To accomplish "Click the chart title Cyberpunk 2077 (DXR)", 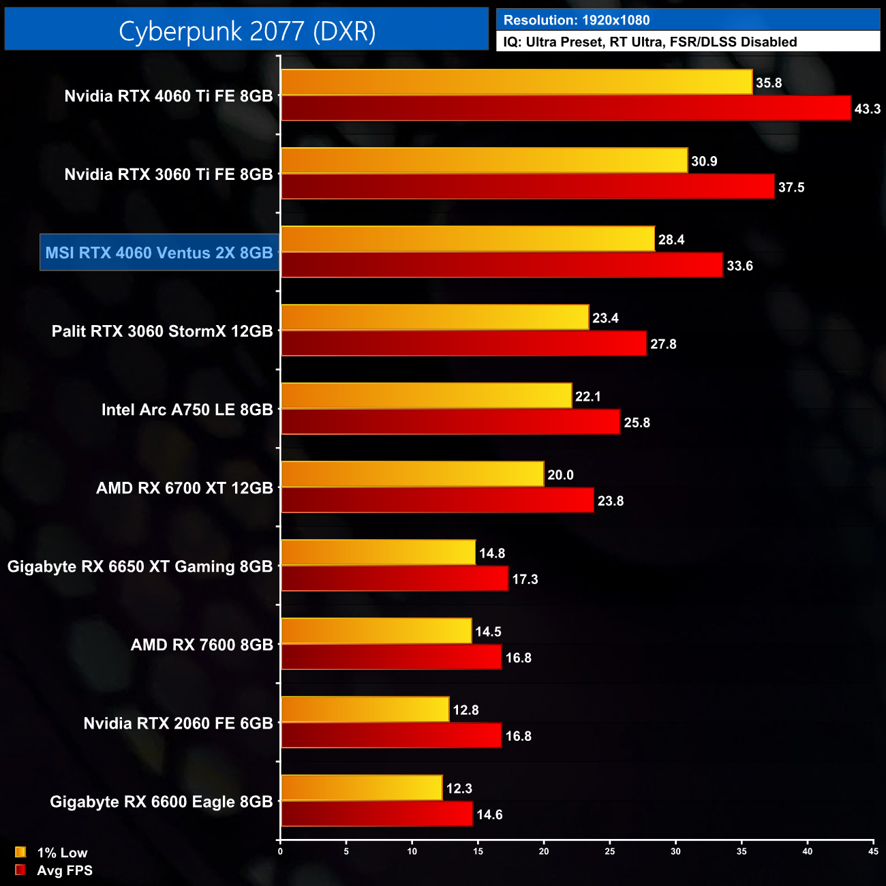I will point(247,31).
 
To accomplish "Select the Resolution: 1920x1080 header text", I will point(576,20).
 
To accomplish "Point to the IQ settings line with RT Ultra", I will point(650,42).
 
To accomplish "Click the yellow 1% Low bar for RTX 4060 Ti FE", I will point(517,82).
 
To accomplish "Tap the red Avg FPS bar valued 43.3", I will point(566,108).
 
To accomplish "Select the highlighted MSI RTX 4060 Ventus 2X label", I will point(159,253).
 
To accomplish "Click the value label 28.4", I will point(671,240).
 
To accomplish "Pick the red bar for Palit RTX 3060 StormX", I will point(463,343).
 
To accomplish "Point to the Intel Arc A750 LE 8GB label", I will point(187,410).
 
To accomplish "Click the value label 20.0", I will point(560,475).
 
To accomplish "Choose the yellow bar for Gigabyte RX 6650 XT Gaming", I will point(378,553).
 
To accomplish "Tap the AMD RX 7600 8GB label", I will point(202,645).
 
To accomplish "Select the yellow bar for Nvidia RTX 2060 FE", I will point(365,709).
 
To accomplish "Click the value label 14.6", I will point(489,815).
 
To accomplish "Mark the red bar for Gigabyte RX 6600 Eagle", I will point(377,814).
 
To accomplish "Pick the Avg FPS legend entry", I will point(54,870).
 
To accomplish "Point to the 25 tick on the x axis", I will point(610,851).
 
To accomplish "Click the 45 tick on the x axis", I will point(873,851).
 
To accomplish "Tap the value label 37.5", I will point(791,187).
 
